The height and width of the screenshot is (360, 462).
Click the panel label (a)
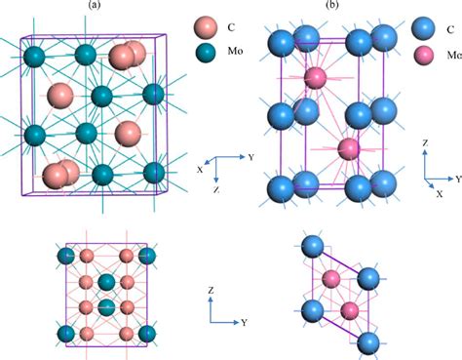pos(90,6)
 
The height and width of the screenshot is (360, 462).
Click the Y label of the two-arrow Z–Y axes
pos(245,321)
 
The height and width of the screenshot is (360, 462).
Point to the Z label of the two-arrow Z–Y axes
pos(212,291)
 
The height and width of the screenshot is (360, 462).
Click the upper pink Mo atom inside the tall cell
pos(314,76)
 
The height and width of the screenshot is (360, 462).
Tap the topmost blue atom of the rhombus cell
pos(312,245)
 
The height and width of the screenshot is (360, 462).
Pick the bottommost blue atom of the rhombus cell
pos(368,341)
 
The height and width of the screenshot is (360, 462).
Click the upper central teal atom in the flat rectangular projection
pos(106,285)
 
